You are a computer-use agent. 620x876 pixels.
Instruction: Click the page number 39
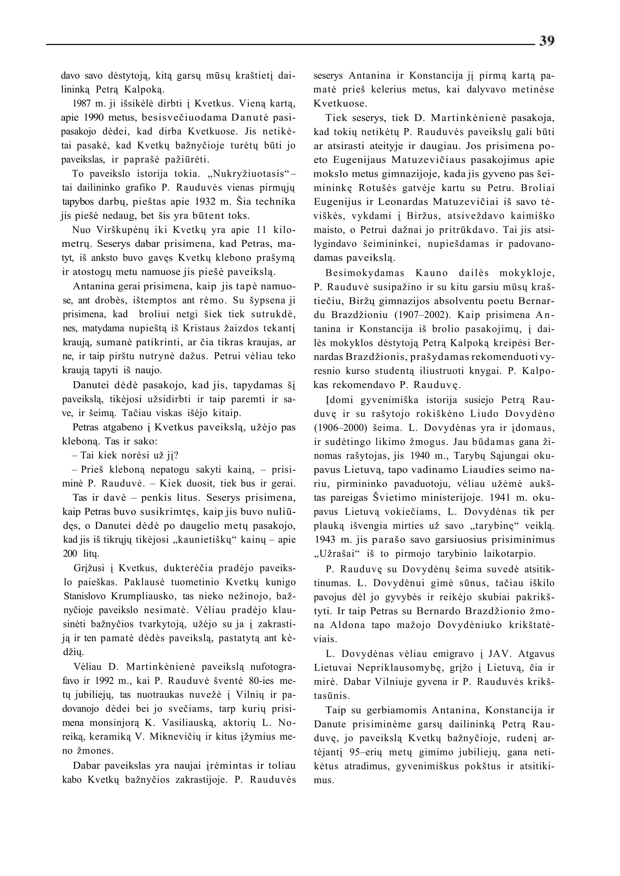547,41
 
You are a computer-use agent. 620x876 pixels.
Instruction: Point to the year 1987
81,104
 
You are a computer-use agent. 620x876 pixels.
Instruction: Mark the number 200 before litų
70,554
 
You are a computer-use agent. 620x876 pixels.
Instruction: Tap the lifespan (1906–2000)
338,428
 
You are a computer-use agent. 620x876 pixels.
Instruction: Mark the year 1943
324,540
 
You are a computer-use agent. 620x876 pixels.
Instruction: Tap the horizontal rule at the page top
290,45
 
